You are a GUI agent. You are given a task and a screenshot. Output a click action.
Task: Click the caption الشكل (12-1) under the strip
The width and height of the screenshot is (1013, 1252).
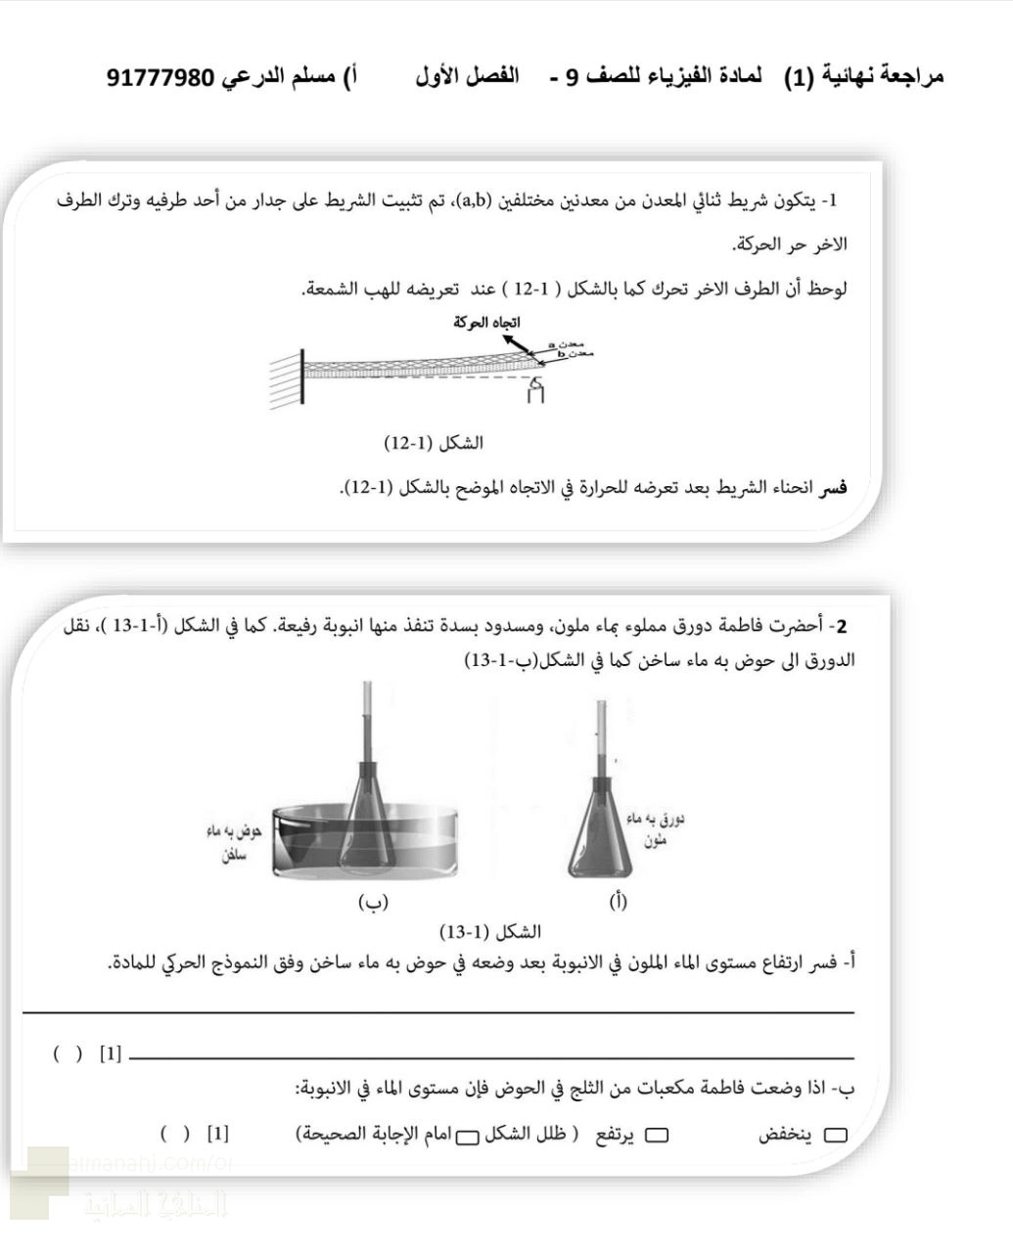(434, 443)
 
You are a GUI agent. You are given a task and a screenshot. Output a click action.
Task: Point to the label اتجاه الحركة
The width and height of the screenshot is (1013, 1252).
(486, 322)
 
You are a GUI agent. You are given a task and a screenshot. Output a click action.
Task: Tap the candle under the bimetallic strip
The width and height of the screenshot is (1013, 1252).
(534, 391)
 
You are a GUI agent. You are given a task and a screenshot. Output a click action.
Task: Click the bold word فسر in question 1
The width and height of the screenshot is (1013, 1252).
(833, 488)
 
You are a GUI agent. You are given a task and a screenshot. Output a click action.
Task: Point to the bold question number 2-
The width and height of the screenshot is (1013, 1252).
(840, 626)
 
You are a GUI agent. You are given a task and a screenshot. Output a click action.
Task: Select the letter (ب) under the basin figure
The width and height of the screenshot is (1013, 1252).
(374, 901)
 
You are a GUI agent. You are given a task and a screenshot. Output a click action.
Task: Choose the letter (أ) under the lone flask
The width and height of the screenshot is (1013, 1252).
(617, 901)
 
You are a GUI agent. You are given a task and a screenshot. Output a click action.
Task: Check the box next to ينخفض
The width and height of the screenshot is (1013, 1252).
(836, 1136)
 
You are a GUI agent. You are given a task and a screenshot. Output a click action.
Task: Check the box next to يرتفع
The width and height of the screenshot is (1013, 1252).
(657, 1136)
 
